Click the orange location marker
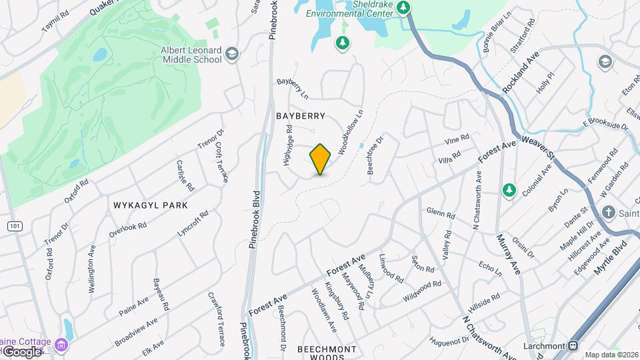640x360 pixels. click(321, 159)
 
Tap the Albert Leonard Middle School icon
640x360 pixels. click(232, 54)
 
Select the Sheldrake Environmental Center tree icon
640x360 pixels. click(403, 7)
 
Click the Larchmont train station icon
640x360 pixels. click(573, 346)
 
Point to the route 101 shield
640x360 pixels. click(14, 227)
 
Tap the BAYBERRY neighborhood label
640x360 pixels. click(301, 116)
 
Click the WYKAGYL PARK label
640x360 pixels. click(150, 205)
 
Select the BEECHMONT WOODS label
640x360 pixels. click(327, 349)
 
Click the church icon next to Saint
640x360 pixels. click(608, 213)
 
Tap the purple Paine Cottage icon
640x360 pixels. click(61, 345)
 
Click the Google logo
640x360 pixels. click(21, 351)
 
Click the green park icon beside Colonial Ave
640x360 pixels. click(509, 191)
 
